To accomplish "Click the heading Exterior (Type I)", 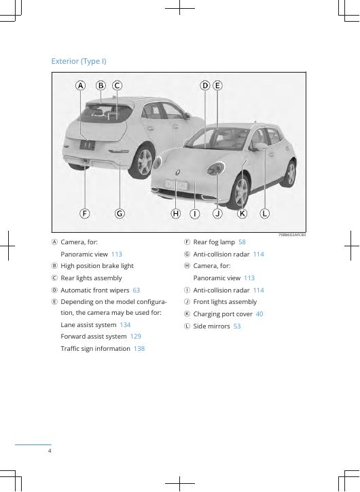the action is [79, 61].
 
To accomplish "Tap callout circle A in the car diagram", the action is [80, 86].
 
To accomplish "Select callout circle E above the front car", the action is [217, 86].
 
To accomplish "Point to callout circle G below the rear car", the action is [120, 214].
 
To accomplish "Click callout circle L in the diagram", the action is [264, 214].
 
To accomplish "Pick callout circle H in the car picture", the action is [176, 214].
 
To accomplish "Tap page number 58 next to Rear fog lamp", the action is [242, 242].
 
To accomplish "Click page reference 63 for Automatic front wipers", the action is [137, 290].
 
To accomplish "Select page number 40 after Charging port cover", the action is [259, 314].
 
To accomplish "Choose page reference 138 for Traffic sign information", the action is [139, 349].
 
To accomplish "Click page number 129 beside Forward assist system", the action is [135, 337].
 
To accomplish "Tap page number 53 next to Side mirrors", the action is [237, 326].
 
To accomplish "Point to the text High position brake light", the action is [97, 266].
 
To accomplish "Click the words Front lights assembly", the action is [225, 302].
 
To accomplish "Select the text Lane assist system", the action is [88, 325].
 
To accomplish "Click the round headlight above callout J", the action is [215, 169].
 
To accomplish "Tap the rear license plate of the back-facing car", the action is [88, 145].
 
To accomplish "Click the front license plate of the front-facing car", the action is [176, 185].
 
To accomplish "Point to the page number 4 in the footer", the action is [50, 451].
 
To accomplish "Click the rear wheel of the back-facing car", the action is [144, 162].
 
